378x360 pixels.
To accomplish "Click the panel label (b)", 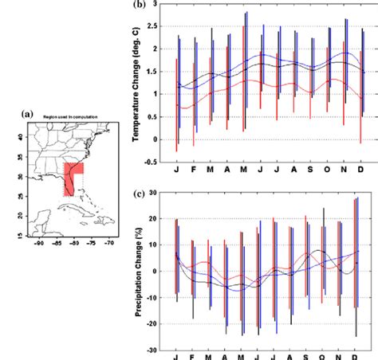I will point(140,6).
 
